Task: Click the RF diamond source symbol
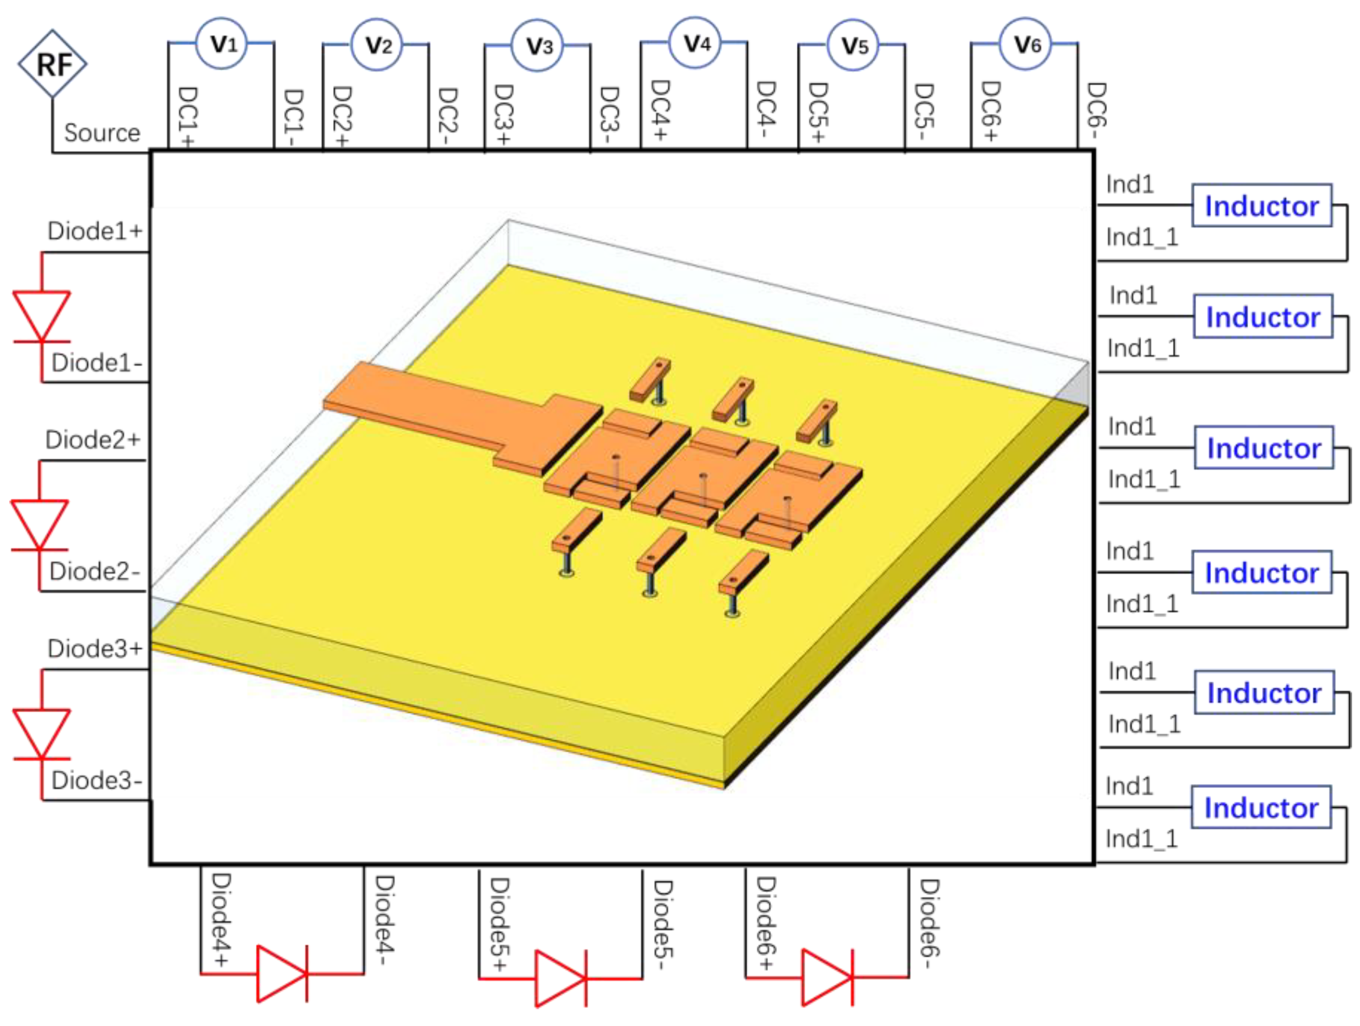[52, 64]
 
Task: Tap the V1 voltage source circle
[221, 44]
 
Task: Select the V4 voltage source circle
[695, 43]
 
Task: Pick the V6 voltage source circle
[1025, 44]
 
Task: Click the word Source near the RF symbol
[102, 133]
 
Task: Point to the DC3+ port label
[503, 114]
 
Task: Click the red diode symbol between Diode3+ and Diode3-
[42, 734]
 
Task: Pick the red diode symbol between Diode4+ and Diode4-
[282, 974]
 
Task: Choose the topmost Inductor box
[1262, 206]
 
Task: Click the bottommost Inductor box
[1261, 807]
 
